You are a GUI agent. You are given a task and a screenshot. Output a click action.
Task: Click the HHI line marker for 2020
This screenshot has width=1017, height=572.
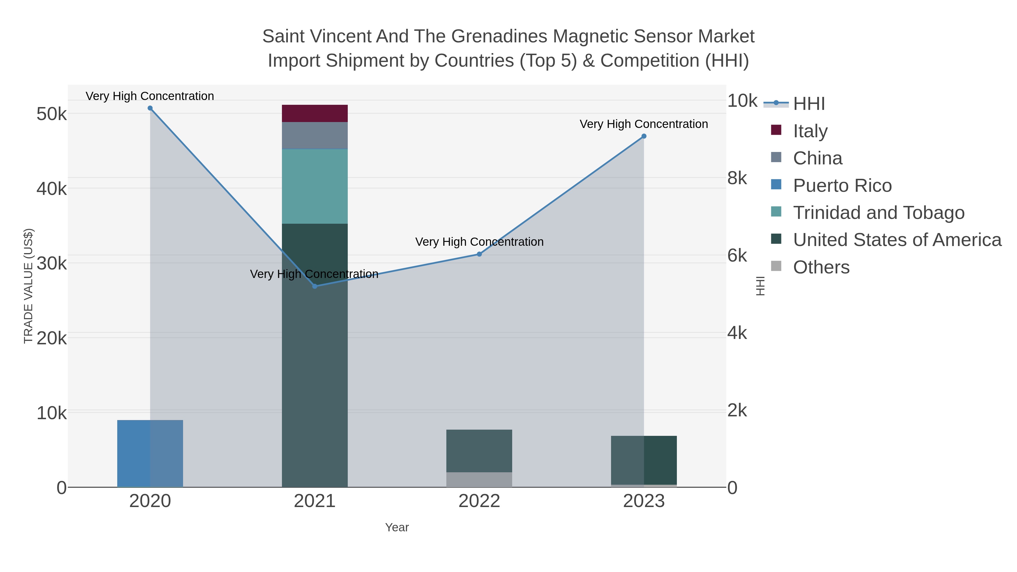point(150,108)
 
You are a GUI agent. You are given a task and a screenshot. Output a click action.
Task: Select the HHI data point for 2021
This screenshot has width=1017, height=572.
point(315,286)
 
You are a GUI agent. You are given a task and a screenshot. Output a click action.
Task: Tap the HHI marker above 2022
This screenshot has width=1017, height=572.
point(479,254)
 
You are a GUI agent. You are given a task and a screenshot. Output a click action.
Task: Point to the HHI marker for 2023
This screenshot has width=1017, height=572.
point(644,136)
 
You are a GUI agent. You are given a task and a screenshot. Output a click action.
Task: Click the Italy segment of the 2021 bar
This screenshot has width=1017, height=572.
point(315,114)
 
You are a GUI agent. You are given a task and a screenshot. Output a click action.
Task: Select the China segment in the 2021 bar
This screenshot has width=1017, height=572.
point(315,135)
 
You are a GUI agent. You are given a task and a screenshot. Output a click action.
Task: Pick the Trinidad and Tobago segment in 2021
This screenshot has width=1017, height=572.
point(315,186)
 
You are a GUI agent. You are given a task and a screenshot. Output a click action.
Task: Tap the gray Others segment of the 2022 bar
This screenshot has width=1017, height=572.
point(479,480)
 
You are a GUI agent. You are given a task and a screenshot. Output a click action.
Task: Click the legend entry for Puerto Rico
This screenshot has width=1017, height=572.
point(842,186)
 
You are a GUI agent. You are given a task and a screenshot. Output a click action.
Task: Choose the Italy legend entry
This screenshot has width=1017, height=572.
point(810,131)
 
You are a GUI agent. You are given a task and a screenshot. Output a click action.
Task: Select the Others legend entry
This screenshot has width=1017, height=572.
point(821,267)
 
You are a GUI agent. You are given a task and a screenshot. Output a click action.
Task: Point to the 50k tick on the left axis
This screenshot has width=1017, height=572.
point(51,114)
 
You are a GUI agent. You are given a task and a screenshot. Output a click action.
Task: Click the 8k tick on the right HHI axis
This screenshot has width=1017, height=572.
point(737,179)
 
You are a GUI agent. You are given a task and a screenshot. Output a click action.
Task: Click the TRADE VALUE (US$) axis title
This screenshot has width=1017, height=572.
point(29,286)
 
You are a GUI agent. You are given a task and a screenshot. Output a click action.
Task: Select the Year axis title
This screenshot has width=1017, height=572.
point(397,527)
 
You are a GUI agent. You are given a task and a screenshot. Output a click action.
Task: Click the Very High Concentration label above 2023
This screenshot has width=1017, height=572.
point(644,124)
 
